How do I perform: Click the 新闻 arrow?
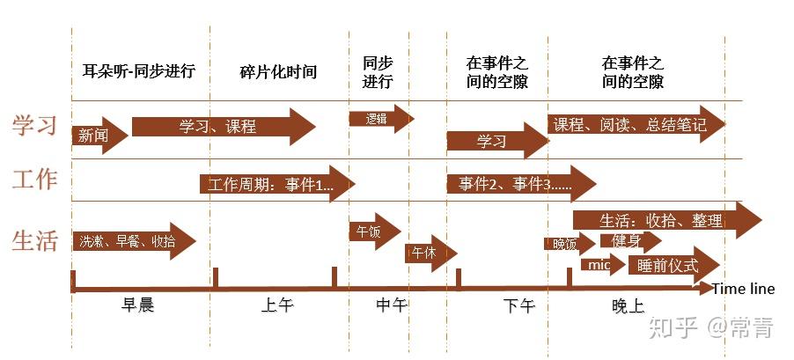point(99,136)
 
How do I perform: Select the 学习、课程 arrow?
point(224,126)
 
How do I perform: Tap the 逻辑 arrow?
point(381,119)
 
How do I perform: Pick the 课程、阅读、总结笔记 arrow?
point(636,125)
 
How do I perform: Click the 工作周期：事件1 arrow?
point(277,184)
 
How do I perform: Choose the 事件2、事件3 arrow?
point(521,184)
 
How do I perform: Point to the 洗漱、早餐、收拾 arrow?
point(134,241)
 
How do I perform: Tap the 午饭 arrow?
point(375,231)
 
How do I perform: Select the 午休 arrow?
point(431,253)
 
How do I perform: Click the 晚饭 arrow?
point(570,244)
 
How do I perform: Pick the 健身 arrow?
point(631,240)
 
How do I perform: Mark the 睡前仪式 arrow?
point(674,265)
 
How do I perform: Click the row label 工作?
point(34,180)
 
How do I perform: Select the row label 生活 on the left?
point(34,240)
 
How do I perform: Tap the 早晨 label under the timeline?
point(137,305)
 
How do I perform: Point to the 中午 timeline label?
point(392,305)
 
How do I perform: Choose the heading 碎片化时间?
point(278,72)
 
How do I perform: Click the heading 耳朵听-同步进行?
point(139,70)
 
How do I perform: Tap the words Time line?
point(743,289)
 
